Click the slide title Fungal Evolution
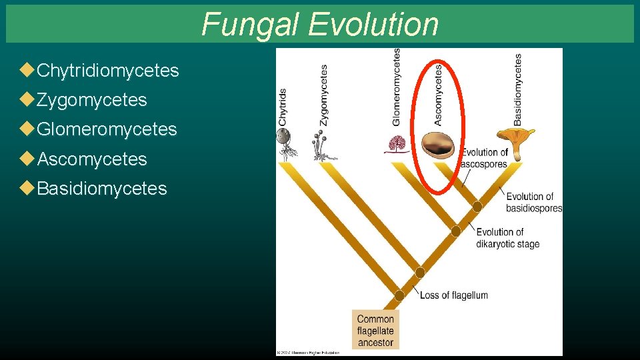click(x=320, y=24)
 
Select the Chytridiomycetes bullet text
click(x=108, y=71)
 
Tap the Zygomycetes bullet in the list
click(x=91, y=100)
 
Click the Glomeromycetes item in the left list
click(x=107, y=129)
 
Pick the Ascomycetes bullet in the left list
click(x=91, y=159)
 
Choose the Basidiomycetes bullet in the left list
click(x=101, y=189)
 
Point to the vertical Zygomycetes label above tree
click(x=324, y=95)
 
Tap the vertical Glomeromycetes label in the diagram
click(x=397, y=87)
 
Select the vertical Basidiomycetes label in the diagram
click(x=518, y=89)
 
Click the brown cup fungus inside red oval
click(x=438, y=146)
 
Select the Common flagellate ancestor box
click(x=375, y=331)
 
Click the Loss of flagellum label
click(x=453, y=295)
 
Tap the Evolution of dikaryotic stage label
click(x=507, y=238)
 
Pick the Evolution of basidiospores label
click(x=533, y=202)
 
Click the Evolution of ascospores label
click(x=485, y=159)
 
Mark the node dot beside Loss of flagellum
click(x=399, y=295)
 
